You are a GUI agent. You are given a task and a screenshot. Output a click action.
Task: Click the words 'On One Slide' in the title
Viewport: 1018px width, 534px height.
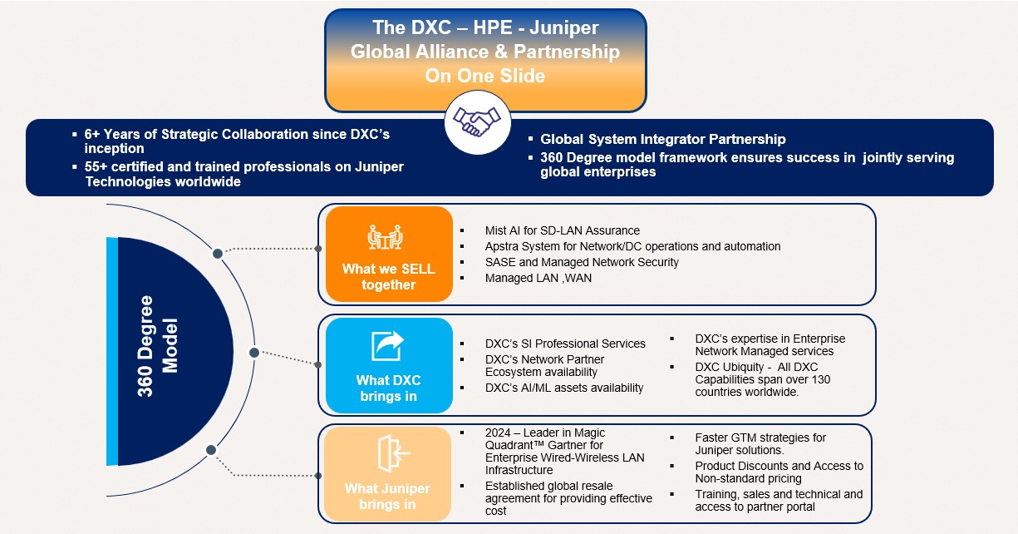click(x=484, y=76)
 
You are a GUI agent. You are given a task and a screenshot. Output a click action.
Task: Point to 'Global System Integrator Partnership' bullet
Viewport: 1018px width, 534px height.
click(x=662, y=139)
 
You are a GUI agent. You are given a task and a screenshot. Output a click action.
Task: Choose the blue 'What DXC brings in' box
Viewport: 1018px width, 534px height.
click(x=388, y=364)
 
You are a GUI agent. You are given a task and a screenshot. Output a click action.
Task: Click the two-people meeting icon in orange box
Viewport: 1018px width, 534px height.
click(x=387, y=237)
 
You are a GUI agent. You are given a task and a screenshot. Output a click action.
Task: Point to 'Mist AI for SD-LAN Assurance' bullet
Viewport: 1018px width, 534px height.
click(x=562, y=230)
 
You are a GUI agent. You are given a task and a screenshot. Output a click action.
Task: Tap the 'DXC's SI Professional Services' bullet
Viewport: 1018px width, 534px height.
click(x=565, y=344)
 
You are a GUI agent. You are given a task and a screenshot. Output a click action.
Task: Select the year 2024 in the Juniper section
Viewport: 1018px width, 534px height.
click(x=499, y=433)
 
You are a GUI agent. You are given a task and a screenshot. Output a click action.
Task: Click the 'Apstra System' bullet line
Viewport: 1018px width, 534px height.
click(x=632, y=246)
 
